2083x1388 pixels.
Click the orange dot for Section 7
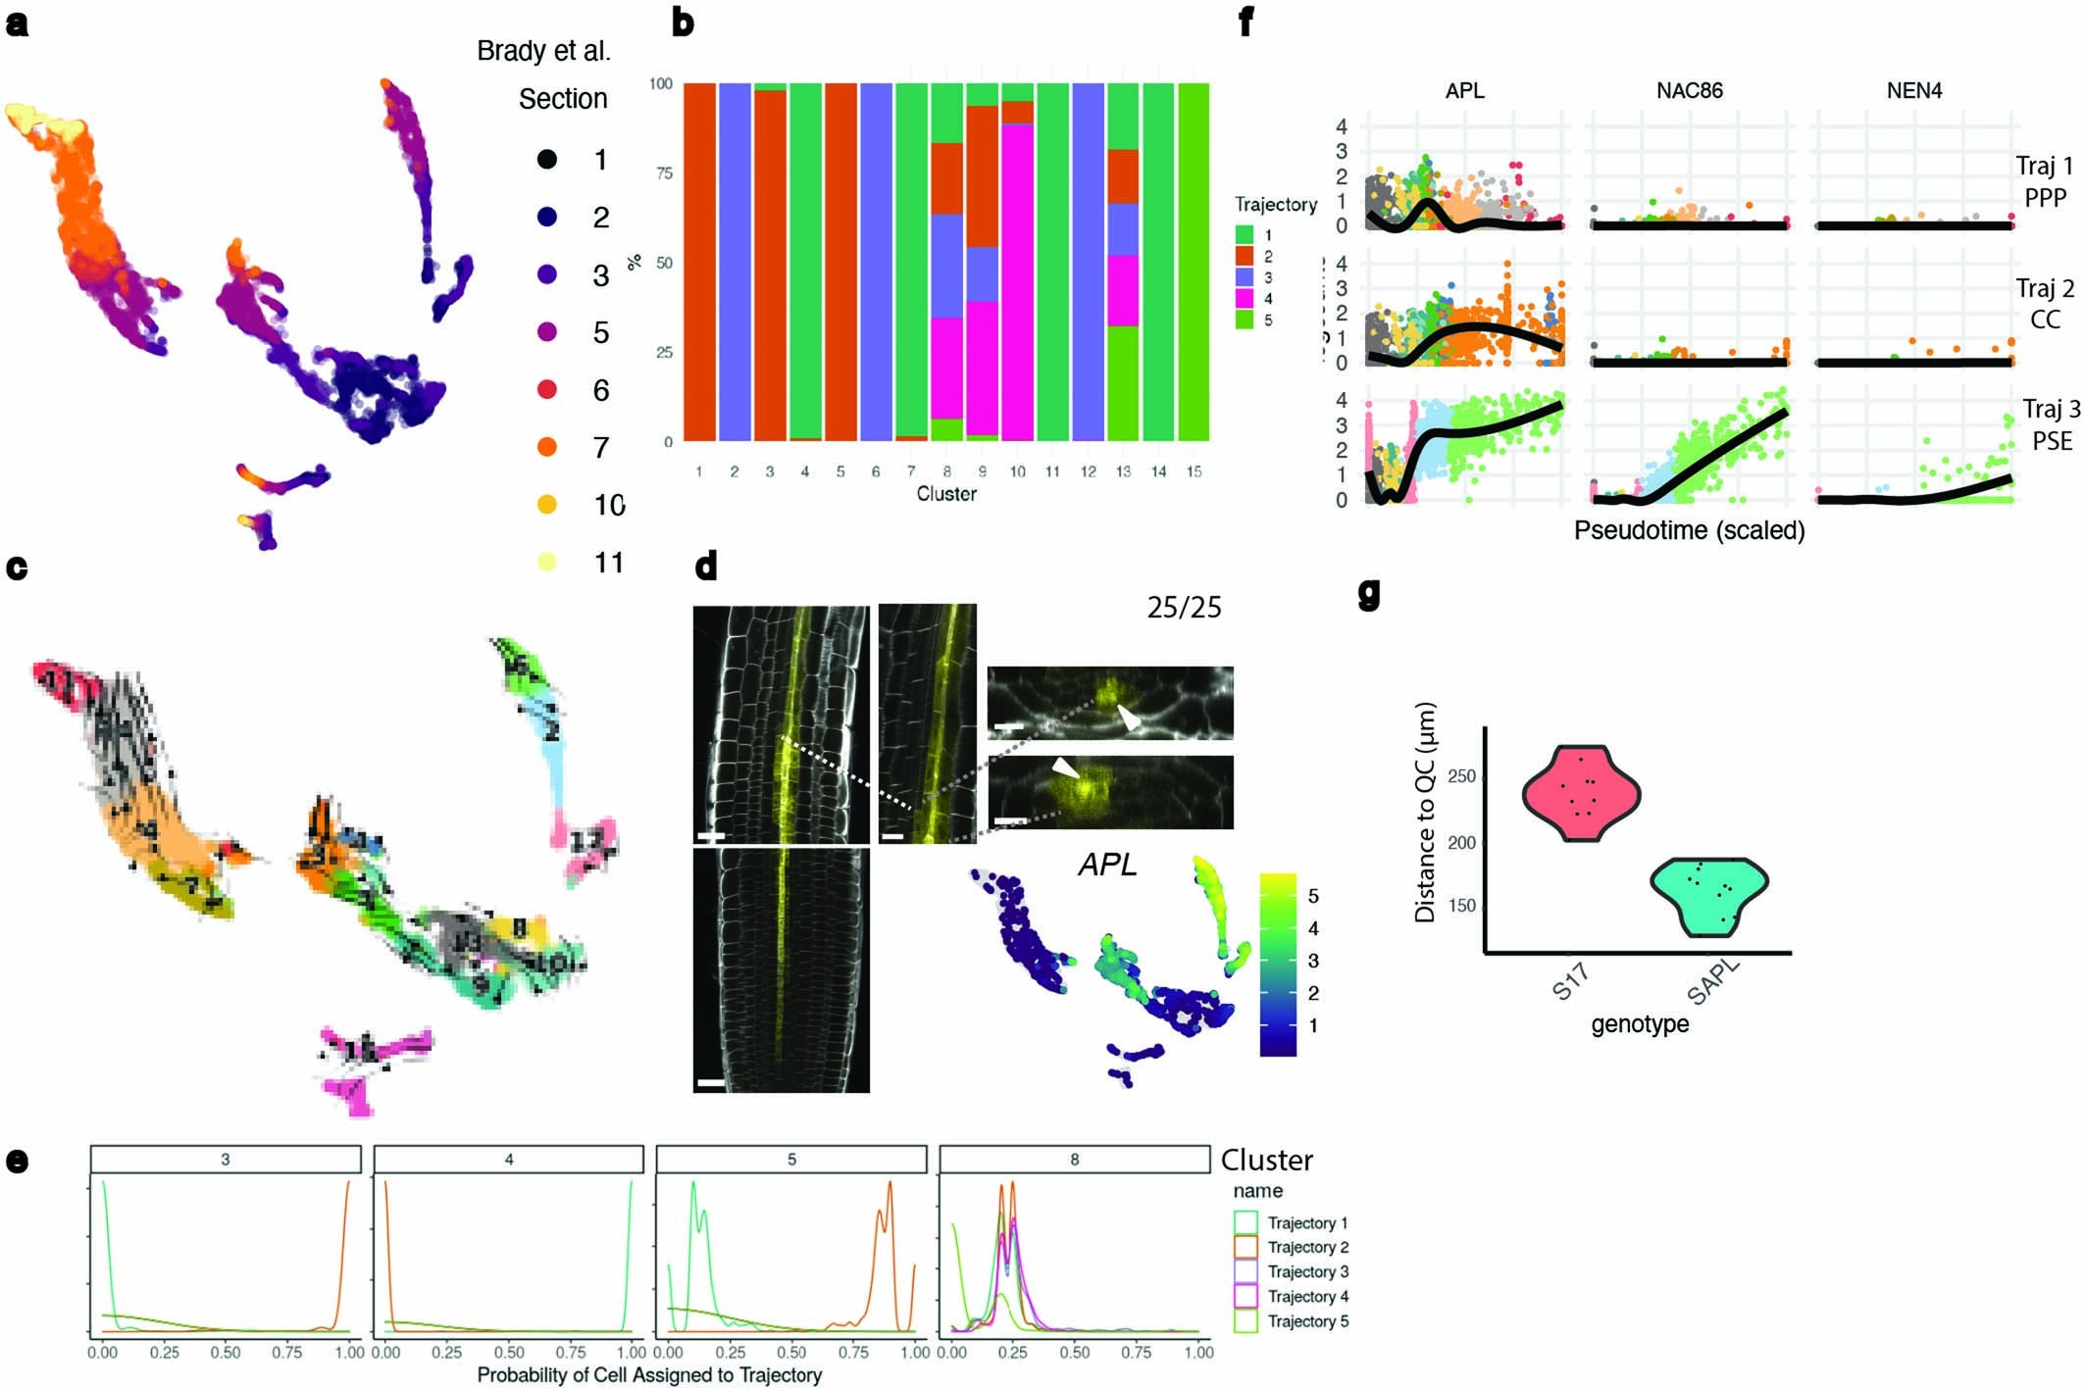(x=547, y=447)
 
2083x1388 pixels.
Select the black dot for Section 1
(x=547, y=159)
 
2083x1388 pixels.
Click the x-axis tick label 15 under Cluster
(x=1194, y=471)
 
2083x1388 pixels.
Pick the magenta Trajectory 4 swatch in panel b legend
(x=1245, y=298)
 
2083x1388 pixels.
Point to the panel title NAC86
(x=1689, y=91)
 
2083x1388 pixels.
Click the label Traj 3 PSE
(x=2051, y=424)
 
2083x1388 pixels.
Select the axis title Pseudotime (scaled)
(x=1689, y=530)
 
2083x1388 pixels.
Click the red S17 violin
(x=1581, y=792)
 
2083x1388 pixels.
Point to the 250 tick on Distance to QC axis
(x=1461, y=776)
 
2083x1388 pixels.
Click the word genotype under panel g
(x=1640, y=1024)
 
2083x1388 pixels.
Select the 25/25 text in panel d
(x=1184, y=608)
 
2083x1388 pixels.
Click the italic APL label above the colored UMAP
(x=1107, y=865)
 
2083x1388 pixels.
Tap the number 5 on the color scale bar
(x=1313, y=896)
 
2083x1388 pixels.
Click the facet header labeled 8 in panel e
(x=1074, y=1160)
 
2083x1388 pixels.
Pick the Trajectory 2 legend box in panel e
(x=1245, y=1247)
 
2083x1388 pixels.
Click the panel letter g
(x=1369, y=592)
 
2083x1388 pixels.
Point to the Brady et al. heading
(x=543, y=51)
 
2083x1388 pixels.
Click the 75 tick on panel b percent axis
(x=664, y=173)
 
